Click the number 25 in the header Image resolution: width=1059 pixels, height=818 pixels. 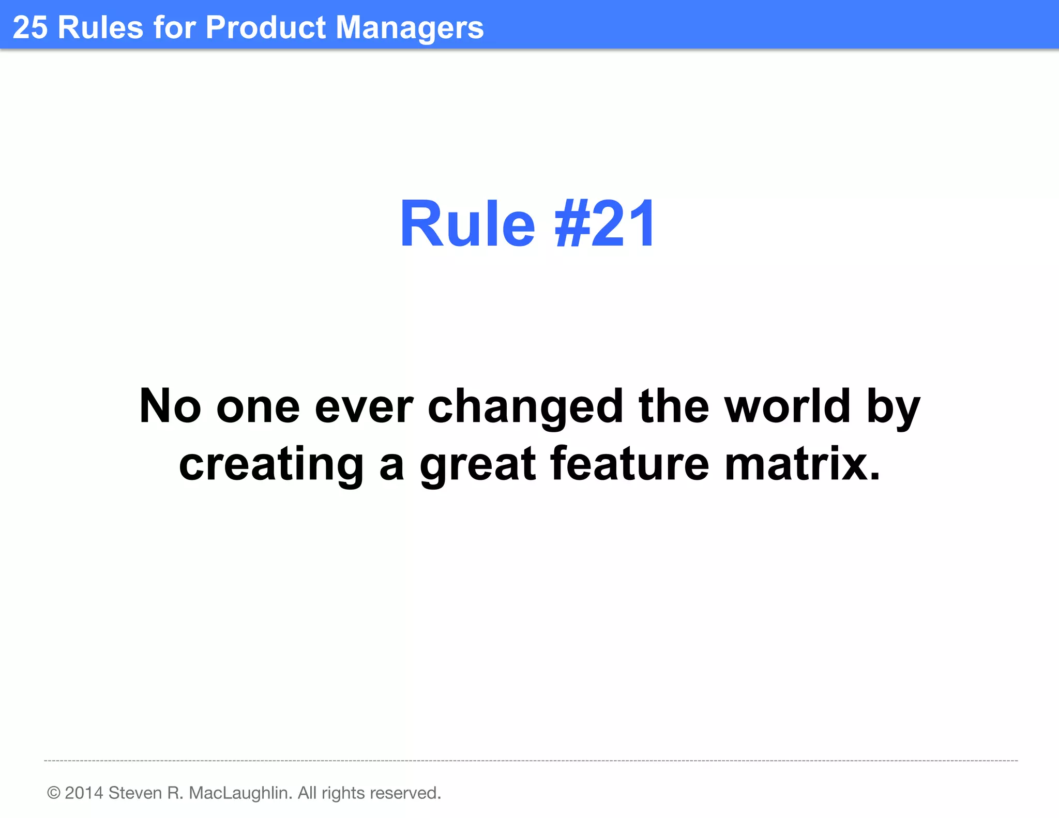(30, 27)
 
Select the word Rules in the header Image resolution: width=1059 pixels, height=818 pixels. (100, 27)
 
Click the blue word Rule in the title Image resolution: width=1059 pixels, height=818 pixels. (467, 224)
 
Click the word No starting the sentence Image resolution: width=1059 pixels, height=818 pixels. (170, 406)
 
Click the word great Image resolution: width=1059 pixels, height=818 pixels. (478, 464)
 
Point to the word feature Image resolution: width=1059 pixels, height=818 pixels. (629, 463)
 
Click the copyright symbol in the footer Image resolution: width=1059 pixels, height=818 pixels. (54, 793)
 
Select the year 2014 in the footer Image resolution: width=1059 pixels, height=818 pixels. (84, 793)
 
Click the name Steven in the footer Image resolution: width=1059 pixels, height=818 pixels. (135, 793)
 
